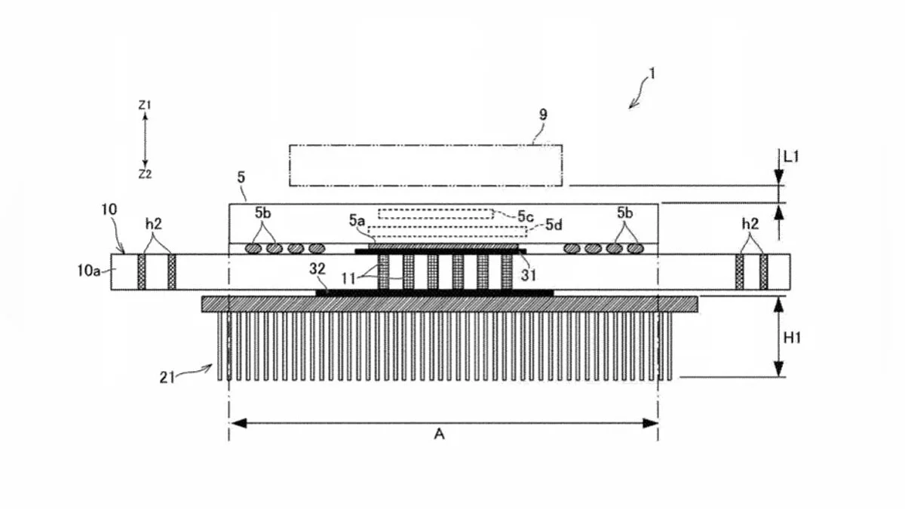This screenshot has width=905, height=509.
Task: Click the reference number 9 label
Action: click(x=544, y=115)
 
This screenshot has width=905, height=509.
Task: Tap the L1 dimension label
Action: click(x=791, y=157)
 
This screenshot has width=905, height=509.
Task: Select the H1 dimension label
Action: click(x=792, y=338)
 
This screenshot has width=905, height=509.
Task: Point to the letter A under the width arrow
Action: click(x=439, y=434)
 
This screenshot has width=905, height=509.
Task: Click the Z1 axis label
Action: click(x=145, y=105)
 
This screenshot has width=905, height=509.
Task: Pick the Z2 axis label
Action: click(x=145, y=174)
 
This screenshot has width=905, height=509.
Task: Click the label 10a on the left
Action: click(x=89, y=271)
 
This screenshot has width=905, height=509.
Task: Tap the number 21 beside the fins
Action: click(x=167, y=377)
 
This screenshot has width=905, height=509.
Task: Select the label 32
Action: click(x=318, y=269)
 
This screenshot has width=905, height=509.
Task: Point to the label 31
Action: click(x=529, y=275)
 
